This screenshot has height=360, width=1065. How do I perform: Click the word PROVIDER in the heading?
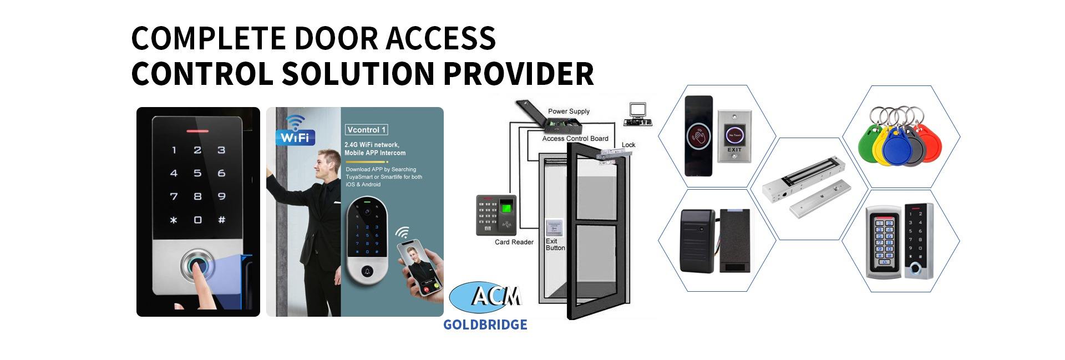pyautogui.click(x=518, y=74)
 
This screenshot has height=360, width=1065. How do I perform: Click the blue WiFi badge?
pyautogui.click(x=295, y=136)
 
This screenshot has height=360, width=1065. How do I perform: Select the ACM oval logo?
pyautogui.click(x=485, y=297)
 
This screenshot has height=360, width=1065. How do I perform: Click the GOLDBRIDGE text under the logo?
pyautogui.click(x=485, y=325)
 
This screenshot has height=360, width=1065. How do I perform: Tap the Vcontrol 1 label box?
pyautogui.click(x=366, y=130)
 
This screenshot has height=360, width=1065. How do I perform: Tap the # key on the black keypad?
pyautogui.click(x=221, y=220)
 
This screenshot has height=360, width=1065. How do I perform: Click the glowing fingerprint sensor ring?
pyautogui.click(x=198, y=267)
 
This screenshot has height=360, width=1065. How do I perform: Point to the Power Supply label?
pyautogui.click(x=569, y=111)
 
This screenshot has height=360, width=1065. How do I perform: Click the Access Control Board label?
pyautogui.click(x=575, y=139)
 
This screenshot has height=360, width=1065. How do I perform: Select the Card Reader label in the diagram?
pyautogui.click(x=514, y=242)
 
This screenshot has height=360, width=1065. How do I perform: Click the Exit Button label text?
pyautogui.click(x=555, y=245)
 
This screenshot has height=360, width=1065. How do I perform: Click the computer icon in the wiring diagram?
pyautogui.click(x=637, y=114)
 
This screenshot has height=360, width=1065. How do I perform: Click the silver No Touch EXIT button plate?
pyautogui.click(x=734, y=136)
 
